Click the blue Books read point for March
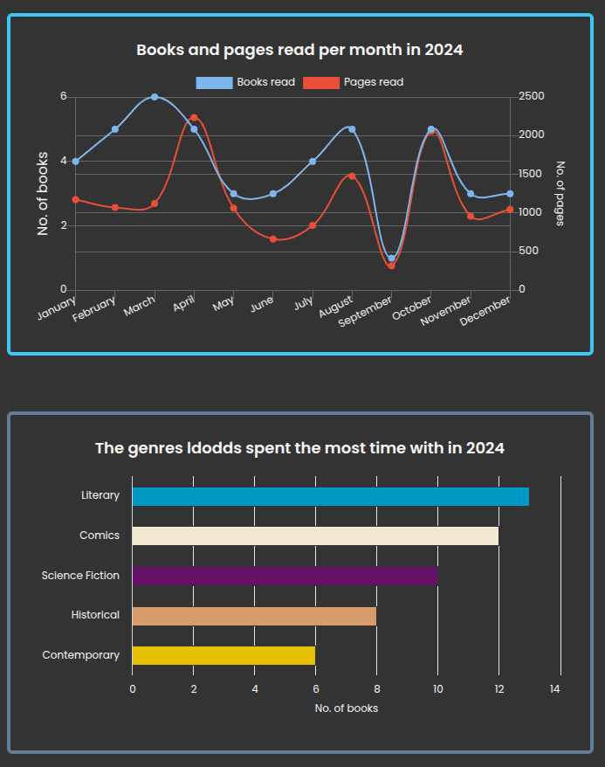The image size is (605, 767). click(155, 97)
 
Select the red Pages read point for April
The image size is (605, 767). click(194, 117)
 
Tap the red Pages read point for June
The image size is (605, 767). click(273, 238)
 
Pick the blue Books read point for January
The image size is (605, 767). click(76, 162)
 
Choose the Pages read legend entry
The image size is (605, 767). click(354, 82)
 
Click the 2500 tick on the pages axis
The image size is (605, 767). click(531, 96)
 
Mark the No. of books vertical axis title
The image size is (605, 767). click(43, 193)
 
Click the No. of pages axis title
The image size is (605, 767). click(560, 193)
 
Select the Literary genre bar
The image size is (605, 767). click(330, 496)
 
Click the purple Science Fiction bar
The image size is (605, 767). click(285, 576)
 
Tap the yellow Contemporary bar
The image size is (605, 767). click(223, 655)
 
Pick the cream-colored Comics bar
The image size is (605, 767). click(315, 536)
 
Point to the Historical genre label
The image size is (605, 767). click(95, 615)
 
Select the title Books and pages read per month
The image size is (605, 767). click(299, 50)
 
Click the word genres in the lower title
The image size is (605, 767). click(155, 448)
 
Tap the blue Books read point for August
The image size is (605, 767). click(352, 129)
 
